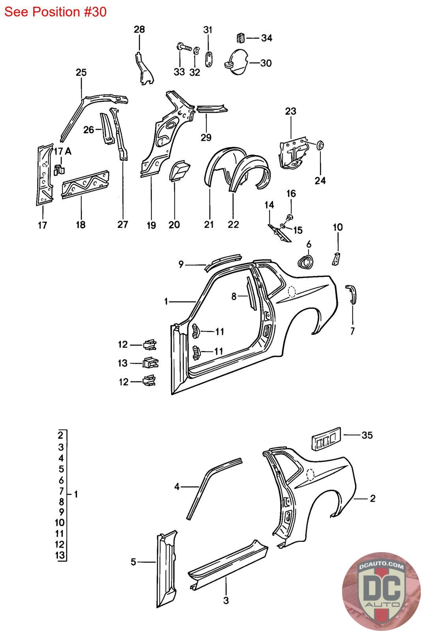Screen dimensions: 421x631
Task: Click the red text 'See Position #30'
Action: coord(55,12)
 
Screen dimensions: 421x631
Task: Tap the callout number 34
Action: coord(267,38)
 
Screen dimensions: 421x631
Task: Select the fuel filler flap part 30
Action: coord(236,62)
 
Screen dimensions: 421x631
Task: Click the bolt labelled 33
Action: coord(184,47)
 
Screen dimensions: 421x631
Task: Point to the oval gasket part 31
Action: coord(209,59)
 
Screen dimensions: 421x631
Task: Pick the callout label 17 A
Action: coord(63,151)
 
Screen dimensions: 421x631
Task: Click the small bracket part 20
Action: coord(179,170)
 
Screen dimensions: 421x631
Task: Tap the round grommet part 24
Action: coord(320,145)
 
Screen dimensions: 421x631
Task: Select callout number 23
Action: coord(290,111)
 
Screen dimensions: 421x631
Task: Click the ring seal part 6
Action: coord(305,262)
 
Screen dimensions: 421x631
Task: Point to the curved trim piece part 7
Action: coord(352,294)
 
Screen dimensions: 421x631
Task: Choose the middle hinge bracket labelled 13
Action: coord(150,362)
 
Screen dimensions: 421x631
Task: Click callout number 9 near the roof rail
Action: coord(181,264)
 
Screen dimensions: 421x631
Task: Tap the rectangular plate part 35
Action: coord(326,438)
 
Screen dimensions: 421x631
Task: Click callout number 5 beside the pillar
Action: coord(133,562)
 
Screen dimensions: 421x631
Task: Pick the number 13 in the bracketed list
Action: coord(60,555)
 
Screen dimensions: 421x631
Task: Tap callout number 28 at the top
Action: coord(139,29)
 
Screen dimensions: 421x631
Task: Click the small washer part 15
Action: coord(283,226)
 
